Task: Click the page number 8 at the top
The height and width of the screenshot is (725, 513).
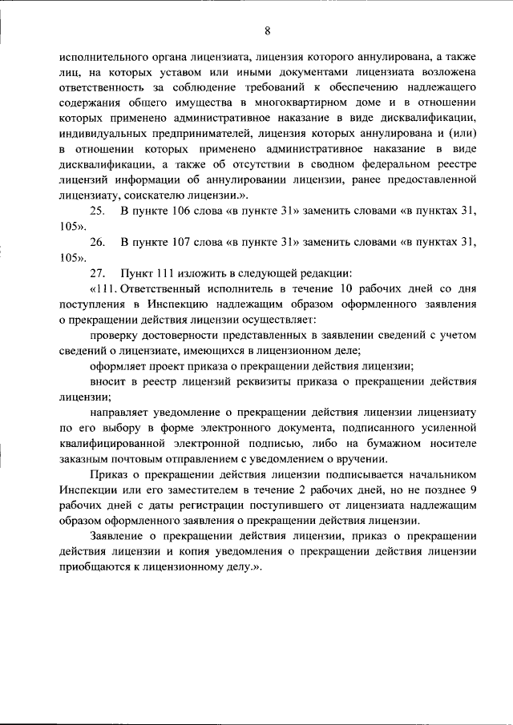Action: pyautogui.click(x=268, y=30)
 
